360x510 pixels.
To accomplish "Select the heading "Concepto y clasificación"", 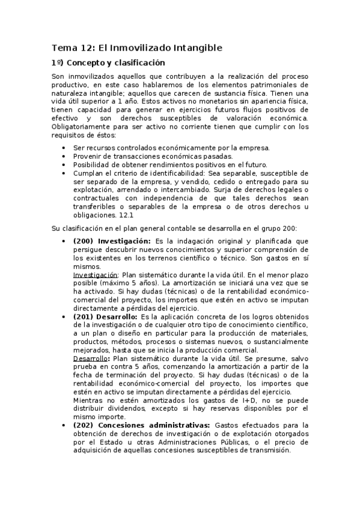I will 115,63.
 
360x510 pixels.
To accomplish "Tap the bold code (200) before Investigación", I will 83,241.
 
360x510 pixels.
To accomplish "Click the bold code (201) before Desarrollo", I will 83,316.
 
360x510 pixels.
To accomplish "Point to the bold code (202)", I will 83,425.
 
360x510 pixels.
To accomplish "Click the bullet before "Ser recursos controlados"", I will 64,148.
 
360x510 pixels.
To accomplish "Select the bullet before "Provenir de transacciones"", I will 64,156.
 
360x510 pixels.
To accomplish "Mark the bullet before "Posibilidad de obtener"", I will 64,165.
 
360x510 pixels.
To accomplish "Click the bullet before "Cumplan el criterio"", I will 64,173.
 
